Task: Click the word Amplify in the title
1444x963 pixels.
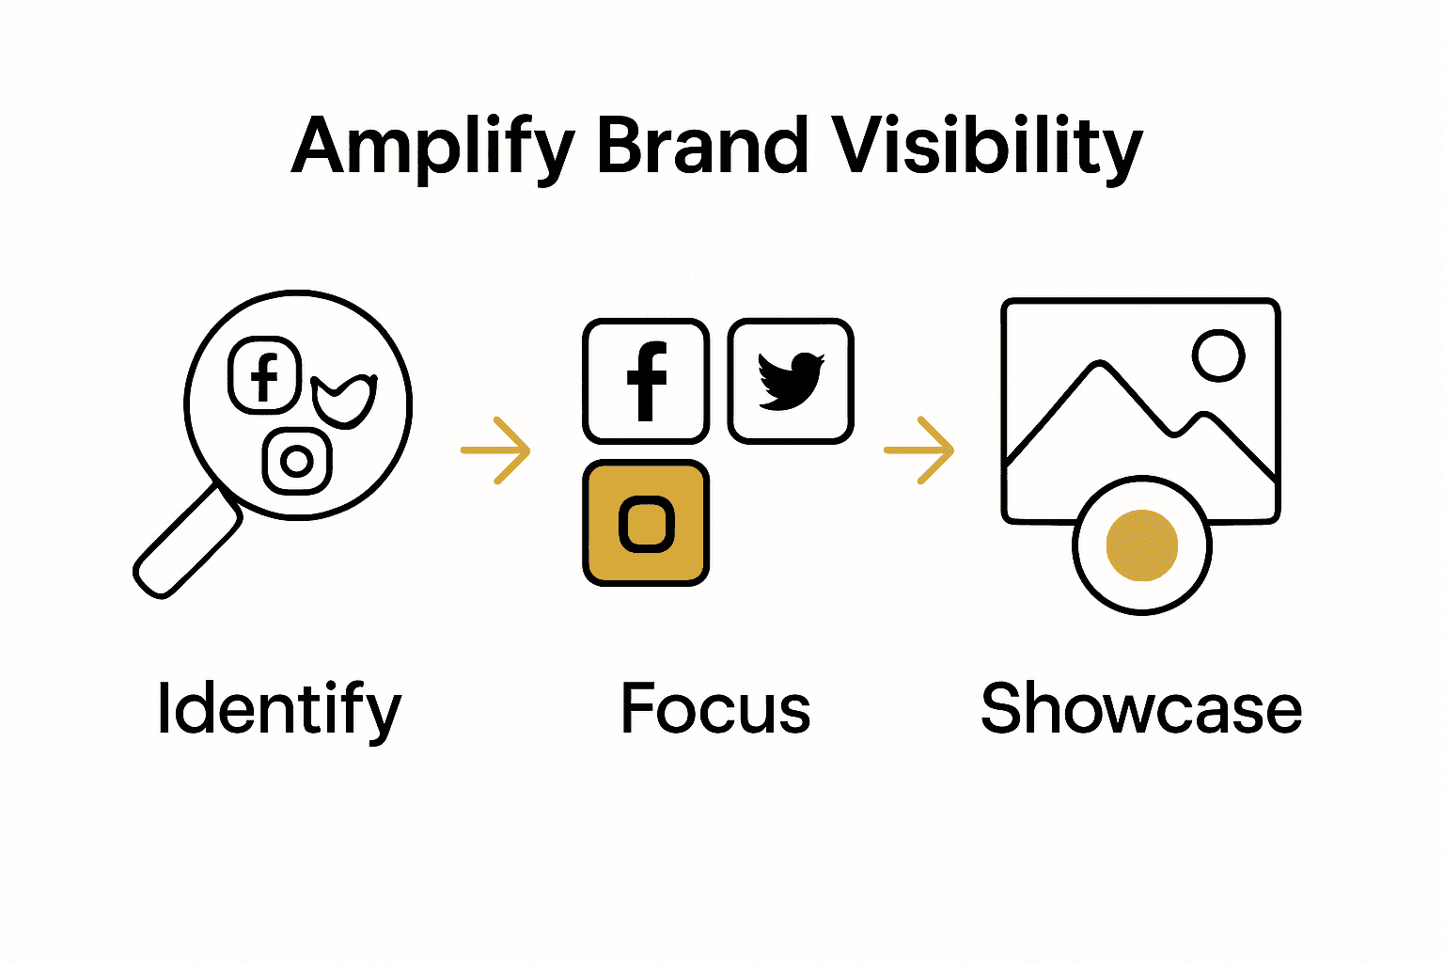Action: click(432, 149)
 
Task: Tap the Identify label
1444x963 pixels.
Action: click(279, 711)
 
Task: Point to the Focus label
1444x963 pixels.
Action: click(715, 709)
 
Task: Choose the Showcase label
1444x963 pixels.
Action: click(1140, 709)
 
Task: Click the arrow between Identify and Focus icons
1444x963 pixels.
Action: click(495, 450)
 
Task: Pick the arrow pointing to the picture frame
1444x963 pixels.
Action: click(919, 450)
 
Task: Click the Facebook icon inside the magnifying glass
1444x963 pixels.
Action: click(265, 374)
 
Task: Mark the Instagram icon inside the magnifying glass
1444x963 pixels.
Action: click(297, 461)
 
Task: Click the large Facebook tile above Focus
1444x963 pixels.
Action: click(646, 381)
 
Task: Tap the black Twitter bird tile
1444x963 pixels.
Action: click(791, 381)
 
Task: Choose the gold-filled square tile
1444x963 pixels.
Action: click(646, 523)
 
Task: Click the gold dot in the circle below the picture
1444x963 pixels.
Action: click(1141, 545)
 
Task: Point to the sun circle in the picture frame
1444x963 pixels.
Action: click(1218, 355)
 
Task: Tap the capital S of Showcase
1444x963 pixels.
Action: click(1002, 709)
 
